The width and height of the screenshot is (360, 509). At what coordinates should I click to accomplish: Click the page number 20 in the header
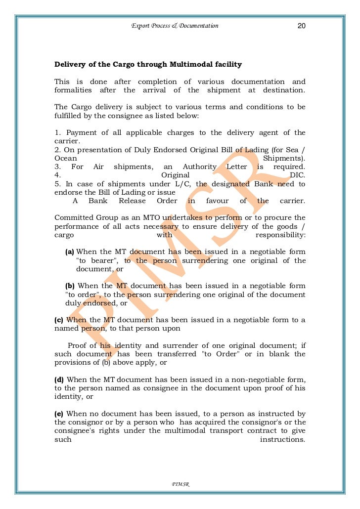click(x=301, y=26)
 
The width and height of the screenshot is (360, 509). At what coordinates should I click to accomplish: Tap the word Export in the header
click(x=139, y=26)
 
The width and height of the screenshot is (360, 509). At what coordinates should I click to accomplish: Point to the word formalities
click(x=73, y=90)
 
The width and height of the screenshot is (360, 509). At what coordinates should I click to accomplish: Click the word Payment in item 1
click(x=81, y=132)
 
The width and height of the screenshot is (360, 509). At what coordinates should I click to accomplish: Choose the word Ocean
click(x=66, y=158)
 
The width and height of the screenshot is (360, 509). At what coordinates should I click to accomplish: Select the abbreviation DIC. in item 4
click(x=297, y=175)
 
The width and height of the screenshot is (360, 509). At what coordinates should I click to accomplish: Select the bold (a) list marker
click(x=70, y=252)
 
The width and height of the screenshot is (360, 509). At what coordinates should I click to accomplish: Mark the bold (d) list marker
click(x=59, y=380)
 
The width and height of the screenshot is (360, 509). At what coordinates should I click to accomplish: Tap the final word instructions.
click(x=283, y=439)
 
